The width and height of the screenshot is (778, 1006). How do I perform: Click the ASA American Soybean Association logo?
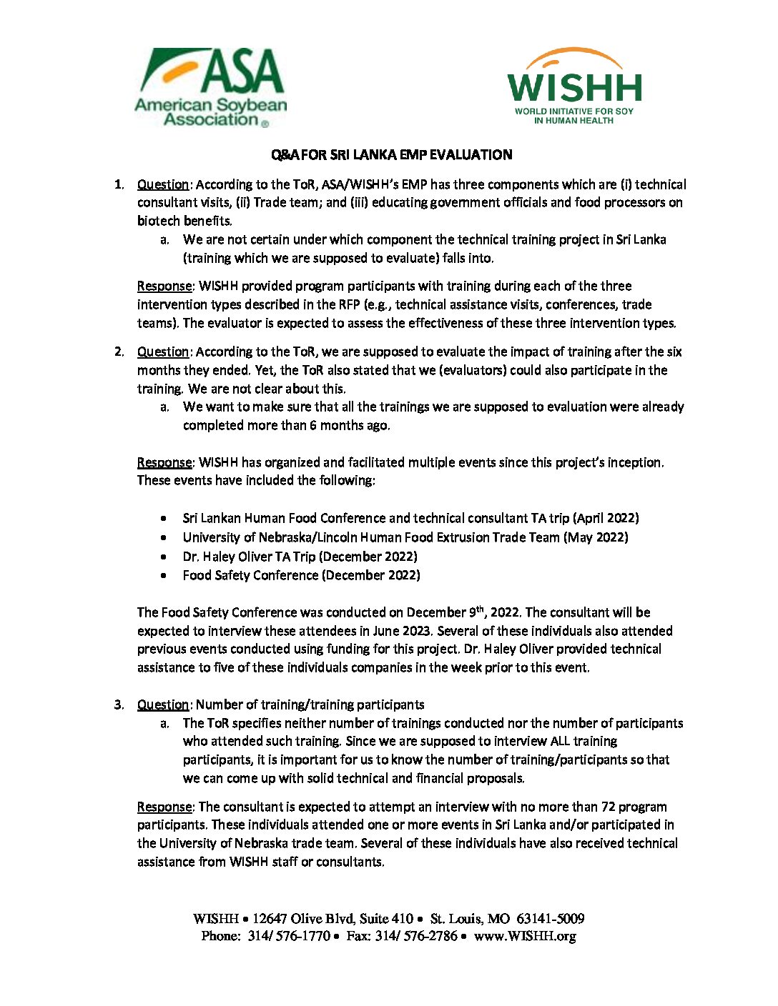(211, 88)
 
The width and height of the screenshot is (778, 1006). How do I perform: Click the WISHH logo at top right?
(574, 87)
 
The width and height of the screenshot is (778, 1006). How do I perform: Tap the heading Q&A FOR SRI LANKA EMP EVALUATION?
(391, 155)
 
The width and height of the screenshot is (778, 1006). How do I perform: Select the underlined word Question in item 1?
(163, 184)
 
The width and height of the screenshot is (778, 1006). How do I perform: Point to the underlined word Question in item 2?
(163, 352)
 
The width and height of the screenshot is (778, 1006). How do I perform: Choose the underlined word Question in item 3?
(163, 704)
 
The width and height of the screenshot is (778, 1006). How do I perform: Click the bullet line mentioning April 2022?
(410, 518)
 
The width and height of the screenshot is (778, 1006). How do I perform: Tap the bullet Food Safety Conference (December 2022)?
(301, 575)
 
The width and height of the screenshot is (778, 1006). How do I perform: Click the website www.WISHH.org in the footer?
(525, 936)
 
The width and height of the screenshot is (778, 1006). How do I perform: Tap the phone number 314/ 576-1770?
(289, 936)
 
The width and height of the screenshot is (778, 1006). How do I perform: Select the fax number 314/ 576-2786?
(415, 936)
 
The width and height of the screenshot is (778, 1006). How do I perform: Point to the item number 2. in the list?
(119, 352)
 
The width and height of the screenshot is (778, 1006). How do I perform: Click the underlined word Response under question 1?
(164, 286)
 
